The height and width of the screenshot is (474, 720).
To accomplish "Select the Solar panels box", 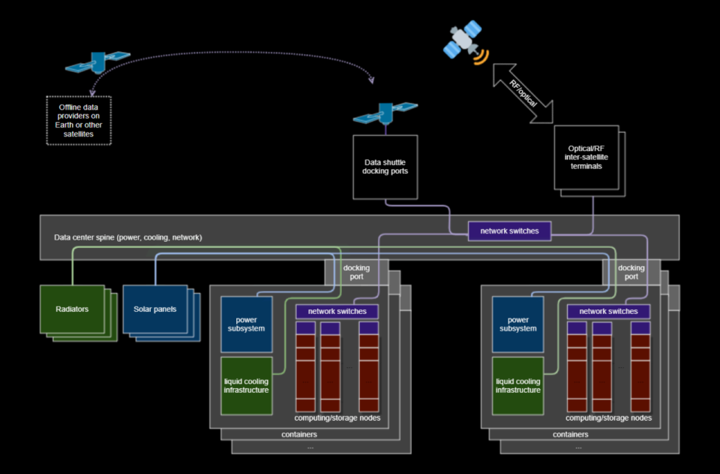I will (154, 308).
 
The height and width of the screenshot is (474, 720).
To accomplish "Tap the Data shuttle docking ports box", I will (385, 167).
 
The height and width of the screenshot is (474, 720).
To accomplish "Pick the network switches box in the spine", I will (509, 231).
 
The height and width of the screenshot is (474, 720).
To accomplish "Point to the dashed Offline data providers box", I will (79, 120).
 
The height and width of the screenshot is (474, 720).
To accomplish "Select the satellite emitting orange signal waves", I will (463, 41).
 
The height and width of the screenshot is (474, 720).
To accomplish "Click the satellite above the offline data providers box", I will (97, 63).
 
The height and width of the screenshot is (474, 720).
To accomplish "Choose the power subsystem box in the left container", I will (246, 324).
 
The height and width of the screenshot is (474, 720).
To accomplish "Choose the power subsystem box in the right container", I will (517, 324).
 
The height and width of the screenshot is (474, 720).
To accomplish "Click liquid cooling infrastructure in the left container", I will (246, 385).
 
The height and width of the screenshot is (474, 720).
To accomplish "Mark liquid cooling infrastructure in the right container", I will (517, 385).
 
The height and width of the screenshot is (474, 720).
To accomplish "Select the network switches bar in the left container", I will (337, 311).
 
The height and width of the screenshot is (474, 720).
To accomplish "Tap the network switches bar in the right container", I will (608, 311).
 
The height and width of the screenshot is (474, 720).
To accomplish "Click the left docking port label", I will (356, 272).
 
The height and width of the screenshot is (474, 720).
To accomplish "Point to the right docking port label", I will (631, 272).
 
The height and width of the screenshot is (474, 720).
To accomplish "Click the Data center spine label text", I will (127, 237).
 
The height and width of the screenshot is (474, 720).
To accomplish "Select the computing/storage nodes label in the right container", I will (608, 418).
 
